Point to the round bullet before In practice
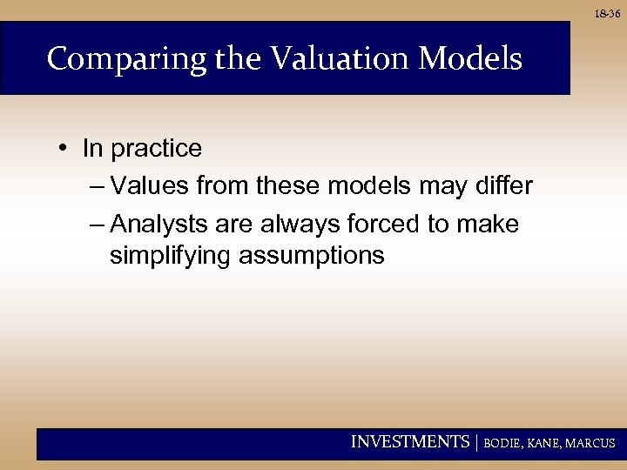(x=66, y=149)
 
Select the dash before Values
(x=97, y=186)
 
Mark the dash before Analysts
(x=97, y=225)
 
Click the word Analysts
(x=158, y=225)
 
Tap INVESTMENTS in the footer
(x=409, y=442)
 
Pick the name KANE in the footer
(x=547, y=443)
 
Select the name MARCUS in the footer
(x=592, y=443)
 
